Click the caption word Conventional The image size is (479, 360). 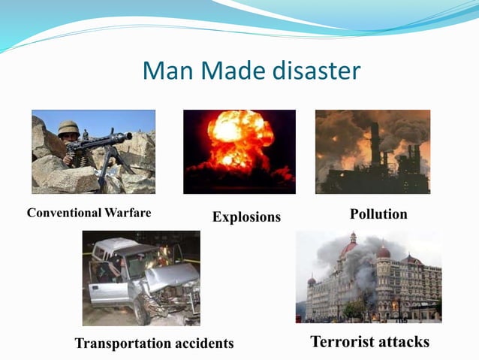[62, 213]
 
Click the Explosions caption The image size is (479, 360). [246, 217]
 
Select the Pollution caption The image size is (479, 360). [378, 214]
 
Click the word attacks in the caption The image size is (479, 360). [404, 342]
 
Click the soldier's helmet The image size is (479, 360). [68, 127]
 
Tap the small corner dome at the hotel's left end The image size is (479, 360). [312, 280]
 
